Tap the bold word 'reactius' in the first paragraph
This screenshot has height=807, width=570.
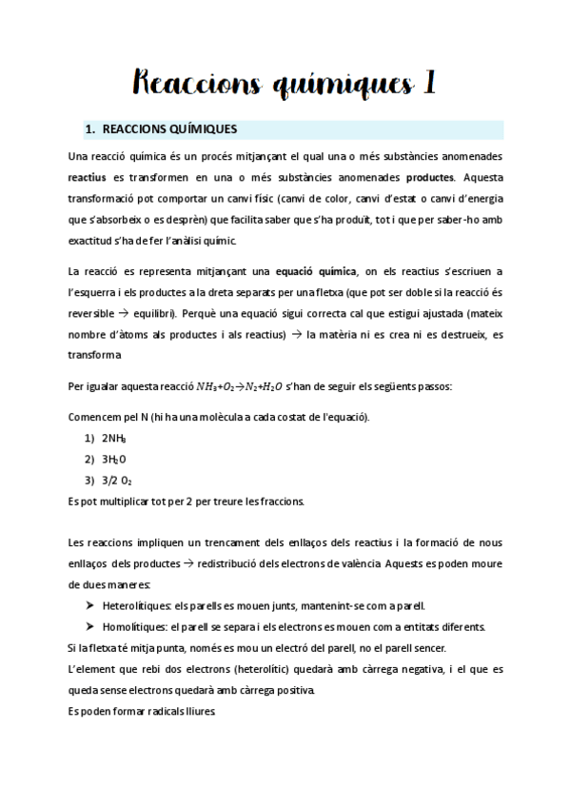(x=88, y=177)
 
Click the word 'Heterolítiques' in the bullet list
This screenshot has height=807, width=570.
(x=137, y=605)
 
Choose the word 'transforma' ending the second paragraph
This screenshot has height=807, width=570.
(x=94, y=355)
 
